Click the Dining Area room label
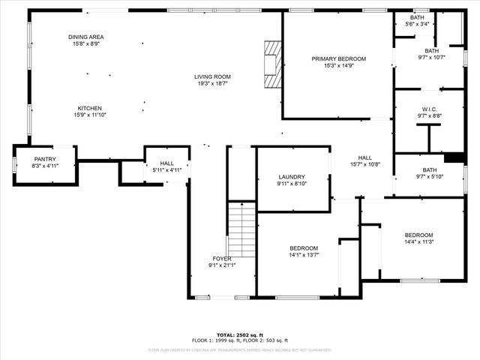[86, 37]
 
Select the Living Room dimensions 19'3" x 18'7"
[212, 84]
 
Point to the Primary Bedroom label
[339, 58]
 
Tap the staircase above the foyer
[241, 230]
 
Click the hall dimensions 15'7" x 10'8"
[365, 164]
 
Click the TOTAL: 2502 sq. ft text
[240, 334]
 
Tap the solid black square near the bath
[454, 157]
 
